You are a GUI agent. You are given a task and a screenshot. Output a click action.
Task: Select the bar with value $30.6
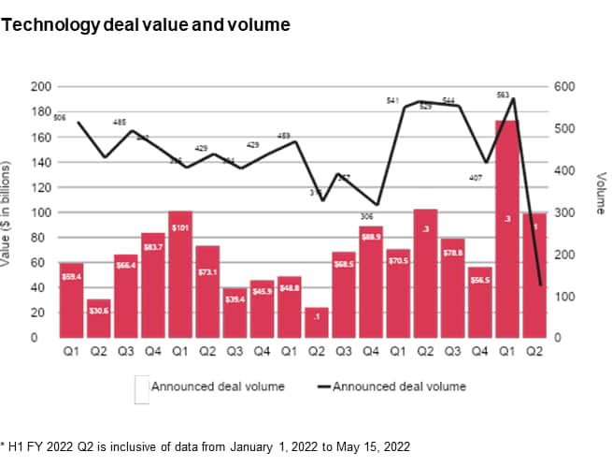(98, 318)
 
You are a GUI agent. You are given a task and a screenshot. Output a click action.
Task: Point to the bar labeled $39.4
(235, 313)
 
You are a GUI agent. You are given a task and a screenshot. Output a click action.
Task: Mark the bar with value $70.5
(398, 293)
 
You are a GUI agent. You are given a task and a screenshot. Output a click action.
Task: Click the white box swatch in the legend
(141, 389)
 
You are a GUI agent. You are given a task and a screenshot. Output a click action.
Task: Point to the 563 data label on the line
(503, 95)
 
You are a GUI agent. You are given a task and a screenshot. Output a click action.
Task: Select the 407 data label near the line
(474, 178)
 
